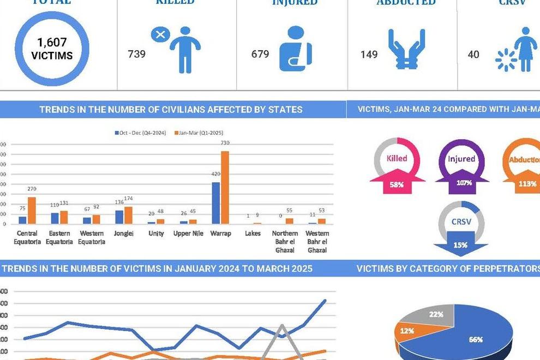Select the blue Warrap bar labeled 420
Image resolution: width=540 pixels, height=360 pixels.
coord(216,203)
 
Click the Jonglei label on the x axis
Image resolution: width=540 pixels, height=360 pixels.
coord(124,233)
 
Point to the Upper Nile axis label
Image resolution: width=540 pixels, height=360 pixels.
coord(188,233)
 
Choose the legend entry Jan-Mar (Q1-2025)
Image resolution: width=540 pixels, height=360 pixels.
coord(199,133)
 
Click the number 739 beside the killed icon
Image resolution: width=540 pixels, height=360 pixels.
coord(136,54)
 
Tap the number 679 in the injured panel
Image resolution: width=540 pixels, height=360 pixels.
coord(260,54)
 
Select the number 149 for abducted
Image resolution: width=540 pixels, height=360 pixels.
coord(369,55)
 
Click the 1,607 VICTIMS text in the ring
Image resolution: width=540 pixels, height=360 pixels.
coord(52,49)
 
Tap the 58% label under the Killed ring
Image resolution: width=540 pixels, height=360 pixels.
coord(397,184)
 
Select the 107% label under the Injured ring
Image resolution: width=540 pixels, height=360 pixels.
coord(463,183)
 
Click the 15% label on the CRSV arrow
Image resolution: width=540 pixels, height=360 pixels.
coord(460,245)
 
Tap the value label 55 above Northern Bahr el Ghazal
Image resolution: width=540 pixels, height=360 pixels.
coord(290,211)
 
